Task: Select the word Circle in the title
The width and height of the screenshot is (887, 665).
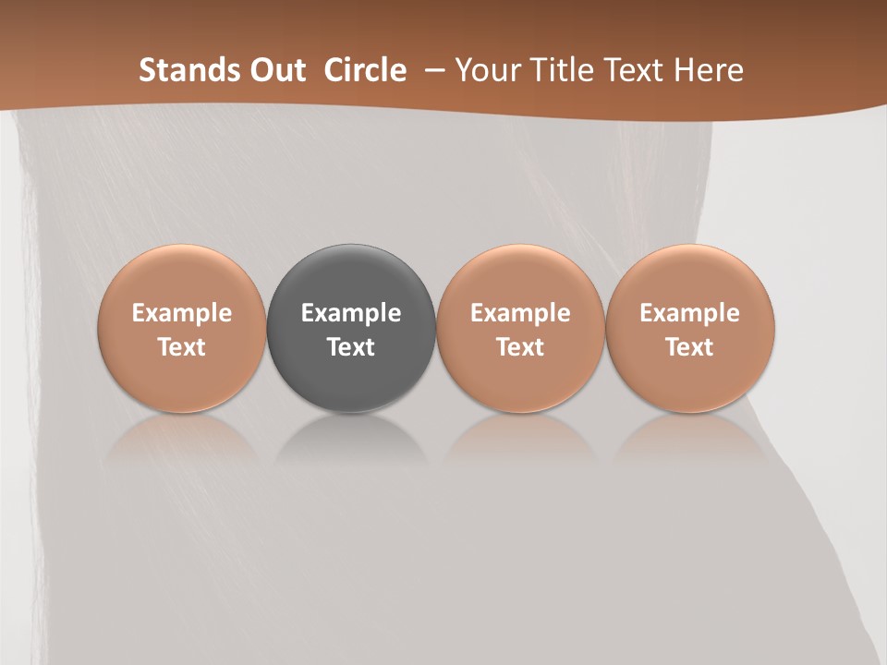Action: point(365,70)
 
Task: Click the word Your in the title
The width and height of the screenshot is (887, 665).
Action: point(487,70)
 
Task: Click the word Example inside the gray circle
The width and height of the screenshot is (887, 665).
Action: point(351,314)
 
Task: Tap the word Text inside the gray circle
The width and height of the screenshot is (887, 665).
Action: point(351,347)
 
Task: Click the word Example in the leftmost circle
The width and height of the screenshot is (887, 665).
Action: point(182,314)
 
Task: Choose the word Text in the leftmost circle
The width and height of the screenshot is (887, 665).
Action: point(182,347)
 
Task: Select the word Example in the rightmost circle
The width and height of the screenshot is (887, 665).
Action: point(690,314)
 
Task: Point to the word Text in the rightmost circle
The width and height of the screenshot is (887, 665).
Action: point(690,347)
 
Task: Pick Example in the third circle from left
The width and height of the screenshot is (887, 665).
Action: point(520,314)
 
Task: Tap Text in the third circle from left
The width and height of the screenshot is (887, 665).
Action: point(520,347)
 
